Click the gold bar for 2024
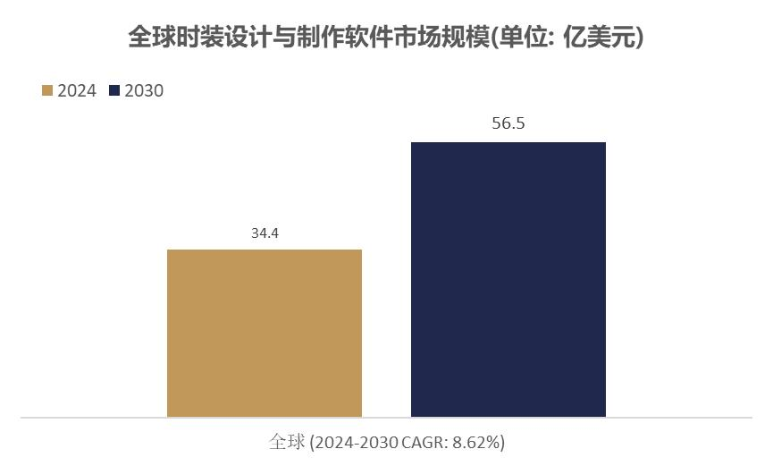coord(265,333)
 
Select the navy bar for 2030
coord(508,279)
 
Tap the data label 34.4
coord(265,233)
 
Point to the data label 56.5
coord(508,124)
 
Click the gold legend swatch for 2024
coord(47,90)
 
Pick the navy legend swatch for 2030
coord(113,90)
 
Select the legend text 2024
coord(77,90)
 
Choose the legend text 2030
coord(144,90)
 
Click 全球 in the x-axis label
coord(287,442)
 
